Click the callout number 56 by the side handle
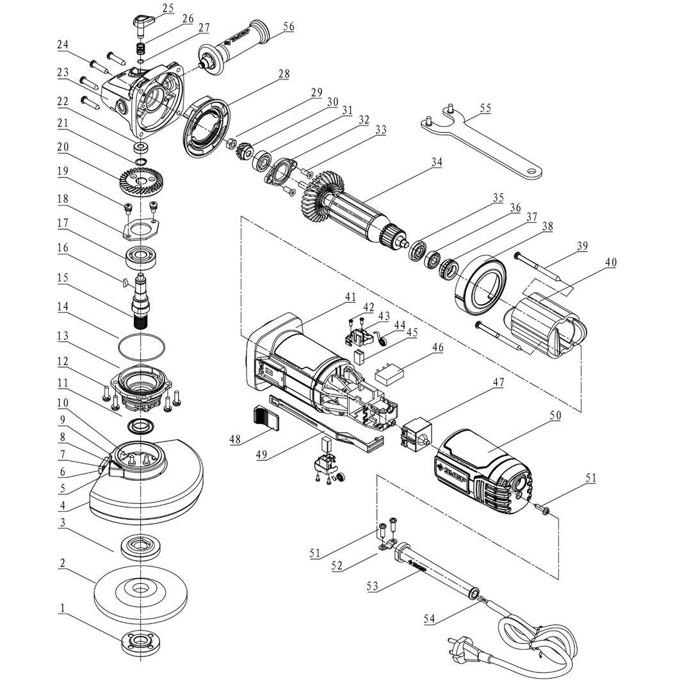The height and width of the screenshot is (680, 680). [287, 27]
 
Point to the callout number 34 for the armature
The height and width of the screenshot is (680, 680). [436, 162]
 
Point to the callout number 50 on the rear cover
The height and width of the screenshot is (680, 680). [555, 415]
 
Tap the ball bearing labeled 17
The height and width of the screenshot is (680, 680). [143, 257]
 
